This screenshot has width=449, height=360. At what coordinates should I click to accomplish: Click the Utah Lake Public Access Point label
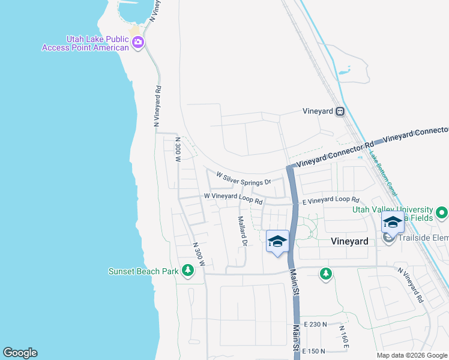85,43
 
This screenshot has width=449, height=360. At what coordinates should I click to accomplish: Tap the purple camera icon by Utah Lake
138,42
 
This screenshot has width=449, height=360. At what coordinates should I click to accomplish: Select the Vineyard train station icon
340,111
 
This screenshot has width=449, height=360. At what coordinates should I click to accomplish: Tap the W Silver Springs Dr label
244,178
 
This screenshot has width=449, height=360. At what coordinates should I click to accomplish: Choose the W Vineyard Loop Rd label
234,198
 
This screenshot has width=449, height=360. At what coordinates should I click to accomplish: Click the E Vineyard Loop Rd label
331,201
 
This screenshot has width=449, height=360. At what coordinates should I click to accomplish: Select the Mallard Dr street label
243,232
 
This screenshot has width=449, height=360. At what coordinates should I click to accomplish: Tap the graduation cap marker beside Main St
277,241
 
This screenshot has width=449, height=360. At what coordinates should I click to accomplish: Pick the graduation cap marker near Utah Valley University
393,223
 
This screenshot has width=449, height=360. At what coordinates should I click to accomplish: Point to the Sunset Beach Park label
143,271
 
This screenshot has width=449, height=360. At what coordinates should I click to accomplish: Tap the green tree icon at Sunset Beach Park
188,271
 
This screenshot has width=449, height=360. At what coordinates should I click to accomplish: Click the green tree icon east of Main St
326,274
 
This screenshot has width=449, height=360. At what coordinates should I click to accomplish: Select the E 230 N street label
315,325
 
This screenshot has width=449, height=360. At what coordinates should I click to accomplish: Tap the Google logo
20,353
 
